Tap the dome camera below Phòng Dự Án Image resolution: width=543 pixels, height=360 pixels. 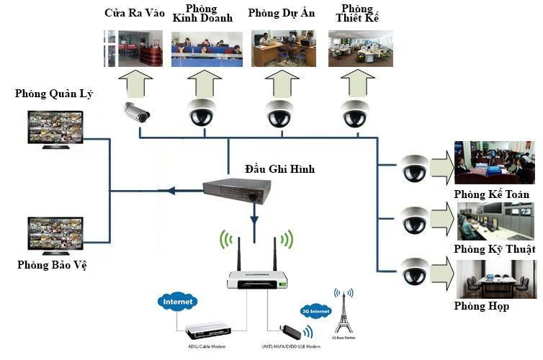click(279, 114)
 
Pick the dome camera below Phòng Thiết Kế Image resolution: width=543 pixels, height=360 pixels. click(354, 114)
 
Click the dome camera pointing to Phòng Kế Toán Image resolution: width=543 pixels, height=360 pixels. click(415, 168)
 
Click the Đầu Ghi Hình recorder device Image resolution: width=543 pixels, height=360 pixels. click(238, 191)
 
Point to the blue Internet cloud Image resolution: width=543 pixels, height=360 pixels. click(178, 302)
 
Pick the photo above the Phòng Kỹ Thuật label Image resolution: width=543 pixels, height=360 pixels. click(495, 222)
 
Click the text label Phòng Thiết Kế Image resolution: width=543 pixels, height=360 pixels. click(357, 12)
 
